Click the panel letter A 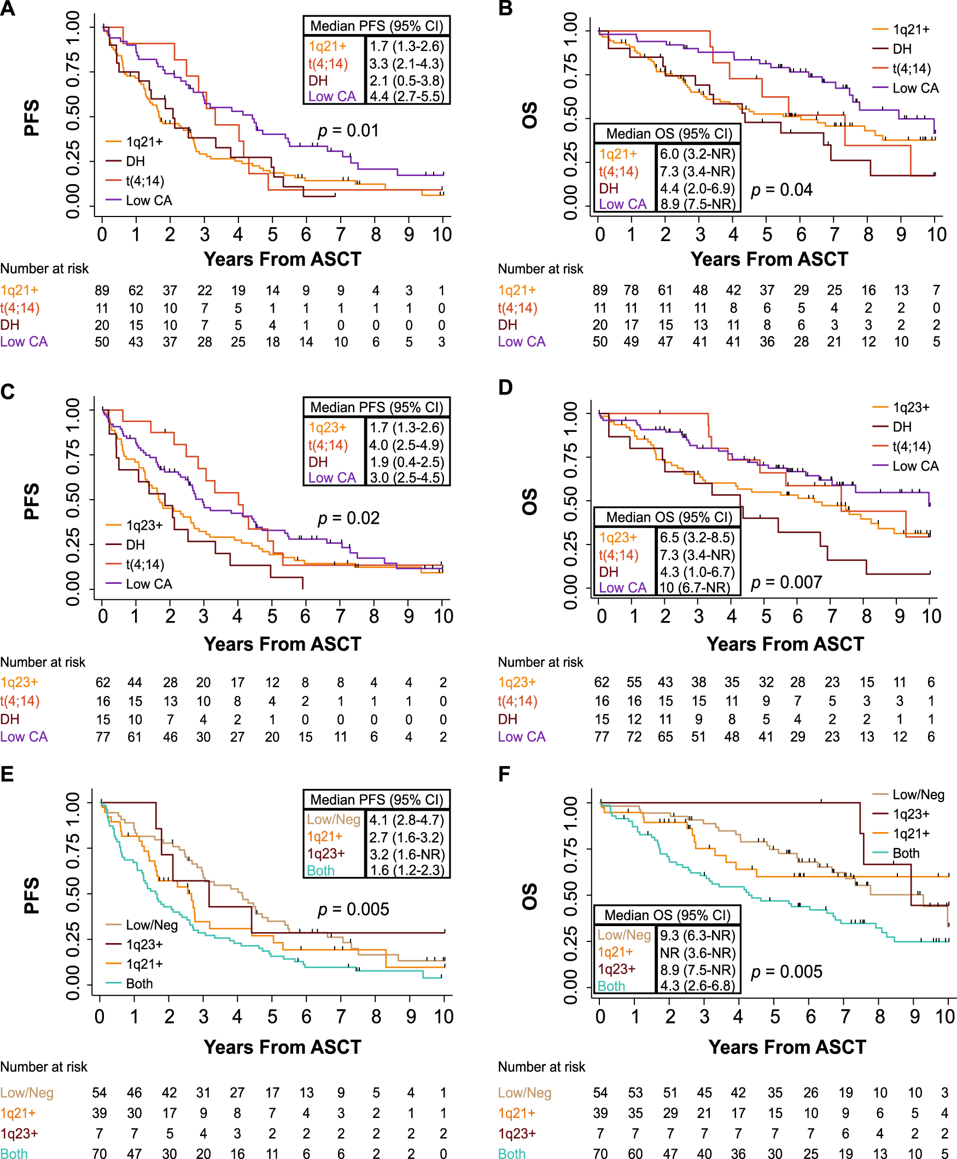pyautogui.click(x=8, y=9)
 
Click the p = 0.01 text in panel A pyautogui.click(x=348, y=131)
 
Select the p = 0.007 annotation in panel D pyautogui.click(x=786, y=582)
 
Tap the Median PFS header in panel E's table pyautogui.click(x=377, y=799)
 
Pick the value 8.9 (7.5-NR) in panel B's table pyautogui.click(x=697, y=204)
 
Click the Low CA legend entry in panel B pyautogui.click(x=915, y=88)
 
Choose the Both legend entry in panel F pyautogui.click(x=906, y=853)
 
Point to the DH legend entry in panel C pyautogui.click(x=135, y=545)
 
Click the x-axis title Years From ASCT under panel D pyautogui.click(x=785, y=643)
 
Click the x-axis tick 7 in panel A pyautogui.click(x=341, y=235)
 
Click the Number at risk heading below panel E pyautogui.click(x=44, y=1067)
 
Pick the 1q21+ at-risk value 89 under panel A pyautogui.click(x=102, y=290)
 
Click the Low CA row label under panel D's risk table pyautogui.click(x=522, y=736)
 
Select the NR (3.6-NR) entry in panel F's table pyautogui.click(x=697, y=952)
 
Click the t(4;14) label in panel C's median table pyautogui.click(x=328, y=445)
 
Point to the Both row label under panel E pyautogui.click(x=14, y=1153)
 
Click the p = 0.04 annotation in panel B pyautogui.click(x=781, y=190)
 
